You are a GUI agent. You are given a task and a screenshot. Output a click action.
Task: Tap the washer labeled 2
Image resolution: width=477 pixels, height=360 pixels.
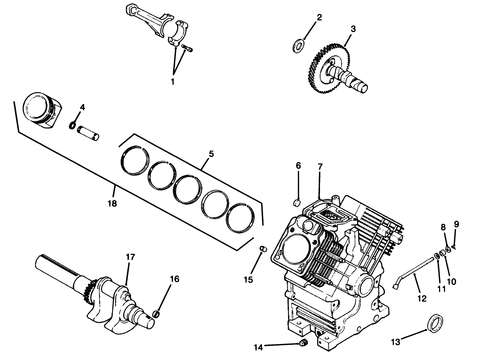(298, 46)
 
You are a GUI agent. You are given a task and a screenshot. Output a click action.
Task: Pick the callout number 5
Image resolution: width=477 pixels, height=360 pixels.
(211, 154)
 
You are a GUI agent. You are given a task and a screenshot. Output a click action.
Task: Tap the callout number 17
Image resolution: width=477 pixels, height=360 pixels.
(130, 257)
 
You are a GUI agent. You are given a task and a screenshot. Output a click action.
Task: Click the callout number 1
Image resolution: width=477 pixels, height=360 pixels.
(172, 82)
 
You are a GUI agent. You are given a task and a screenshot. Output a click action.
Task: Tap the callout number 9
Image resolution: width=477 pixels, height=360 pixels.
(456, 224)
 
